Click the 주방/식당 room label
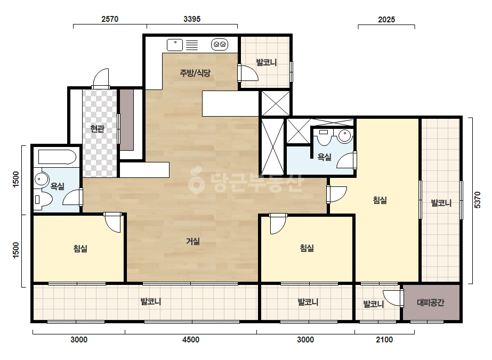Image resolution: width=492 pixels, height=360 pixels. pos(195,73)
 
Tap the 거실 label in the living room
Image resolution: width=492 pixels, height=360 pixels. pos(192,241)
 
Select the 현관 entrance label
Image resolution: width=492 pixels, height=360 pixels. pos(97,128)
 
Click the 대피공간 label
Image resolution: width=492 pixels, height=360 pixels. pos(431,302)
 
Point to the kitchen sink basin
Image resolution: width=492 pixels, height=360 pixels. pos(175,45)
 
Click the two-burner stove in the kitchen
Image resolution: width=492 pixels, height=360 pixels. pos(220,45)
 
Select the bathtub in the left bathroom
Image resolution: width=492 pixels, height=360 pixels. pos(57,157)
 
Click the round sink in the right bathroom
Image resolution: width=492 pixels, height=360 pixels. pos(345,136)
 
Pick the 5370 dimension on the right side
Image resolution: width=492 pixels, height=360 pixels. pos(477,200)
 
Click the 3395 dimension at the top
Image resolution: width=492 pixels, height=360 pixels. pos(192,19)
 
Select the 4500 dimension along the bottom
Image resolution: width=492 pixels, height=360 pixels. pos(191,340)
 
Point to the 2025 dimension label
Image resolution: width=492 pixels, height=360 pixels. pos(386,20)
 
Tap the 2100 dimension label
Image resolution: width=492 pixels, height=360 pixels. pos(384,340)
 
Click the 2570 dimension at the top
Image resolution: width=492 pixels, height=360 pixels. pos(110,19)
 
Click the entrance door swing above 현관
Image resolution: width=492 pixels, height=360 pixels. pos(101,78)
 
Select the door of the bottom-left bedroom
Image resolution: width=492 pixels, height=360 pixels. pos(112,223)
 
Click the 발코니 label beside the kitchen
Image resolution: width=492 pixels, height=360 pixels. pos(267,62)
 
